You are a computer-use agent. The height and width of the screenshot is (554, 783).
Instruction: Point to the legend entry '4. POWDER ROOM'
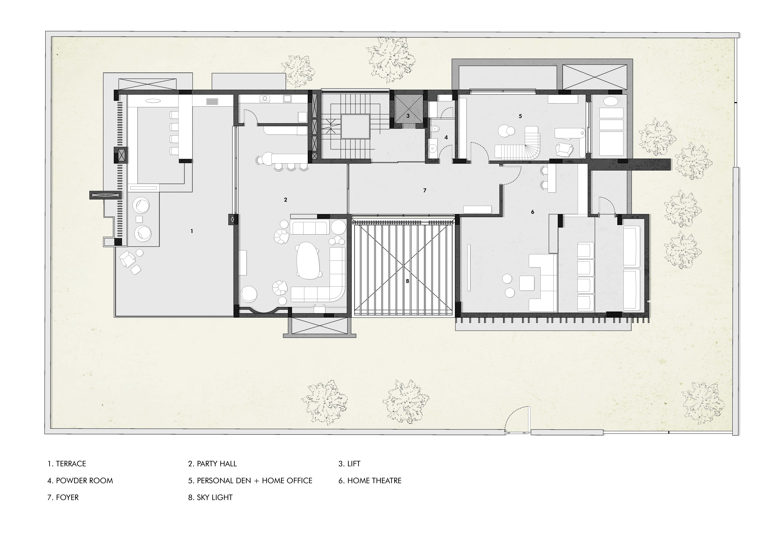[x=80, y=481]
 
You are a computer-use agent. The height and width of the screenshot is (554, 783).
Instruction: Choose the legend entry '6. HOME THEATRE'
[x=370, y=481]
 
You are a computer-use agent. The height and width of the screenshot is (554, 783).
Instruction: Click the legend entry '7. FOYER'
[x=63, y=497]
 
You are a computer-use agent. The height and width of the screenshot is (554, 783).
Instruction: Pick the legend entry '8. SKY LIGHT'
[x=210, y=497]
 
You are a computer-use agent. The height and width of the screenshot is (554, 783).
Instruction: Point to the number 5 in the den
[x=520, y=116]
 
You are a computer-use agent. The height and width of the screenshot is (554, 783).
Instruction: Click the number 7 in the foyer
[x=425, y=190]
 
